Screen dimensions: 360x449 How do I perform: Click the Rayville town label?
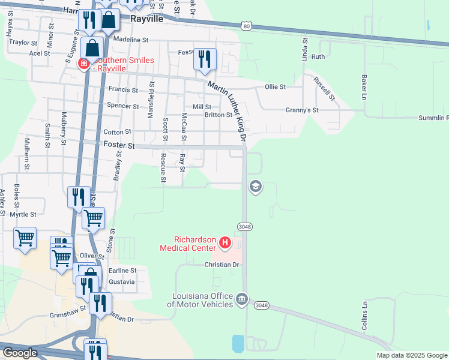148,19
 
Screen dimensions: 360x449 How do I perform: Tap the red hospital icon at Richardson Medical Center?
225,242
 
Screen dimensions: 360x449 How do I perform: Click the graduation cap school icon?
255,187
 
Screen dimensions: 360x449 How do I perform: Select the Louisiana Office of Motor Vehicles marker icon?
241,299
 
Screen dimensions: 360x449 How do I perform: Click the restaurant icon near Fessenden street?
204,59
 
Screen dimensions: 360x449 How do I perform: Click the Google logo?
20,353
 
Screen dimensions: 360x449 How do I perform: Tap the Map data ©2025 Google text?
412,355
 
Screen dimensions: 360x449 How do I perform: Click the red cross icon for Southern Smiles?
85,64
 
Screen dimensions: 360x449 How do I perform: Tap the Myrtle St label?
23,214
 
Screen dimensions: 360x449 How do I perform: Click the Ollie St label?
275,86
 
